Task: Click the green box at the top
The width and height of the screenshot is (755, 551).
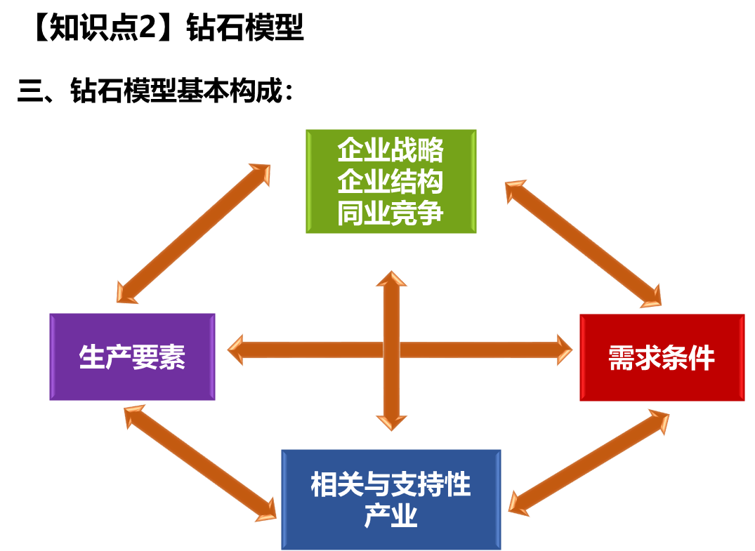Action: click(x=390, y=180)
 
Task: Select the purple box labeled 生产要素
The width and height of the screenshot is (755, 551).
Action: click(x=132, y=357)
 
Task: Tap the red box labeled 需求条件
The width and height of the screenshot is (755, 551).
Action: click(x=662, y=357)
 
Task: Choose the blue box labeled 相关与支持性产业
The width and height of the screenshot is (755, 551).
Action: click(x=390, y=499)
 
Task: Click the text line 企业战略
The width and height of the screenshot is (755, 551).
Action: click(x=390, y=150)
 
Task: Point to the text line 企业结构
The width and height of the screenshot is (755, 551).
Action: click(x=390, y=181)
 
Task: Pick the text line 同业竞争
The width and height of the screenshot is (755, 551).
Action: click(x=390, y=213)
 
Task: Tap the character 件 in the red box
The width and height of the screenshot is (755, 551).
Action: click(x=702, y=358)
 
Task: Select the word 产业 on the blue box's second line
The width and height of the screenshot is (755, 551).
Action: click(x=390, y=517)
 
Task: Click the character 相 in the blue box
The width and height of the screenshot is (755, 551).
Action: click(x=324, y=485)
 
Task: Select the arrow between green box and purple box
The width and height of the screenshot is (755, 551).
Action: click(x=193, y=234)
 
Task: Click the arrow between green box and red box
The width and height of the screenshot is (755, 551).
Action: click(x=583, y=244)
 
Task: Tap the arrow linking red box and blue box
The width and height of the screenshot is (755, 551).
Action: click(x=589, y=464)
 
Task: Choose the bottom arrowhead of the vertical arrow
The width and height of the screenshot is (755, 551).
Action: click(x=391, y=422)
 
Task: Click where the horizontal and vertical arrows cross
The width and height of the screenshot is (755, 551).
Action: click(x=391, y=350)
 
